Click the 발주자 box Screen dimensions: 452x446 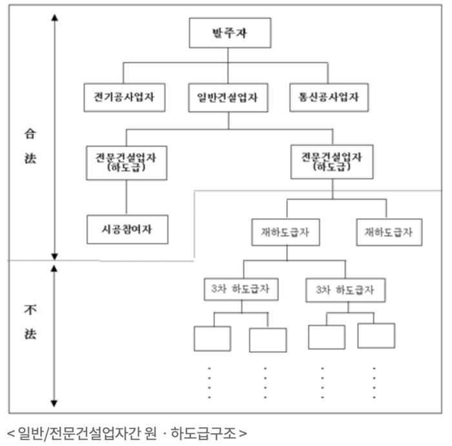(229, 34)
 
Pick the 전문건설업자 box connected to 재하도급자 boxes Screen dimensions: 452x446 (332, 161)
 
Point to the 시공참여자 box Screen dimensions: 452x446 (127, 228)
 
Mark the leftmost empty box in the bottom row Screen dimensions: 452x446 (212, 338)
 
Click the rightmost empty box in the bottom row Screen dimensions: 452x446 (376, 336)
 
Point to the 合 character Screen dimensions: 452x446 (30, 135)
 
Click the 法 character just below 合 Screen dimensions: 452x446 (30, 158)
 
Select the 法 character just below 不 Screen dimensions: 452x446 (30, 334)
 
